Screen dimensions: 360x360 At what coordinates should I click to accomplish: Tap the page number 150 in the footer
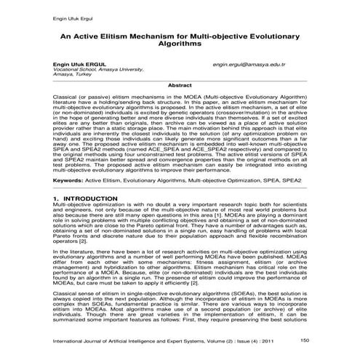[x=304, y=340]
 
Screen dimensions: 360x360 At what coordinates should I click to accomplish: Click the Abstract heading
[x=180, y=86]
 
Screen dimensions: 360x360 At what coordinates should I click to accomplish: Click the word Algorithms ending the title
[x=179, y=44]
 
